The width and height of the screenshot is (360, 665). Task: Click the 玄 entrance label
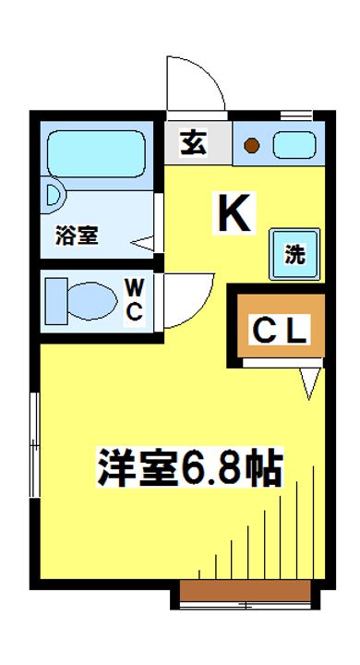point(193,144)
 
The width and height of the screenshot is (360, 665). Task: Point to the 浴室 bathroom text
point(77,236)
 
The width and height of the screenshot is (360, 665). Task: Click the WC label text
point(135,298)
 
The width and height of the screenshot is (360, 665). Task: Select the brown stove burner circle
point(252,145)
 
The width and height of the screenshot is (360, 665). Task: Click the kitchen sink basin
point(294,145)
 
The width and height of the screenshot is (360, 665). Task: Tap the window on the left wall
point(35,443)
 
